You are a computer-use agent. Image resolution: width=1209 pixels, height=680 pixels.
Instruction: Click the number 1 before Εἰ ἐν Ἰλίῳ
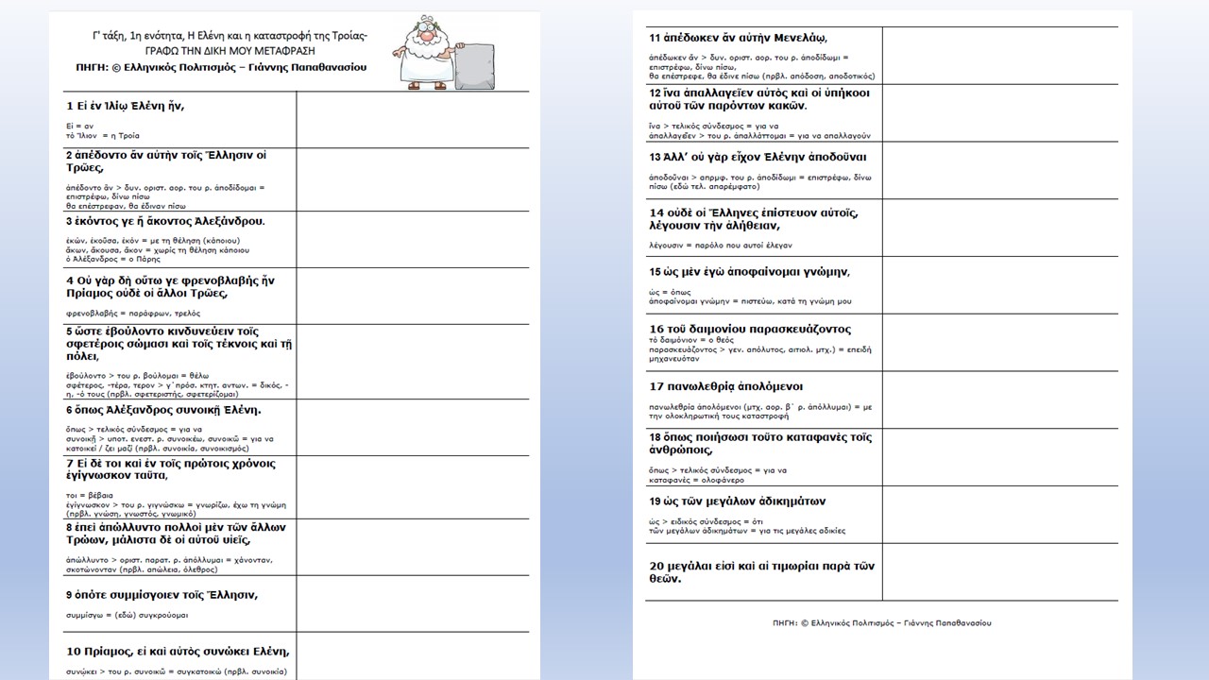[x=69, y=105]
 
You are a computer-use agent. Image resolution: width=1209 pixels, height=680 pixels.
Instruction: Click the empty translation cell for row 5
[x=413, y=362]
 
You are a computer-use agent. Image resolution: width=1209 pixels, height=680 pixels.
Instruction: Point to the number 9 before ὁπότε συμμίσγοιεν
[x=69, y=595]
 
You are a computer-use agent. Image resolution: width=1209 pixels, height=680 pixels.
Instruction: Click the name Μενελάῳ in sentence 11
[x=790, y=38]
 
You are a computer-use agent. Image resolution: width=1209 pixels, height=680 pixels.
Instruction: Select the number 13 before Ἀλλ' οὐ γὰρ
[x=656, y=157]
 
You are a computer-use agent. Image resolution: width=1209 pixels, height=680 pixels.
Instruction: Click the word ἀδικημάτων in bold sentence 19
[x=780, y=501]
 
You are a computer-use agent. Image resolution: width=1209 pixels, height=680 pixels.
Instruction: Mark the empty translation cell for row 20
[x=999, y=571]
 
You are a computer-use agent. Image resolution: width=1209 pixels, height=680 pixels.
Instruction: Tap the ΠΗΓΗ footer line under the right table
[x=881, y=623]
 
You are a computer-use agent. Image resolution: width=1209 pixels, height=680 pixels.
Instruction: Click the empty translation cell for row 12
[x=999, y=113]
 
